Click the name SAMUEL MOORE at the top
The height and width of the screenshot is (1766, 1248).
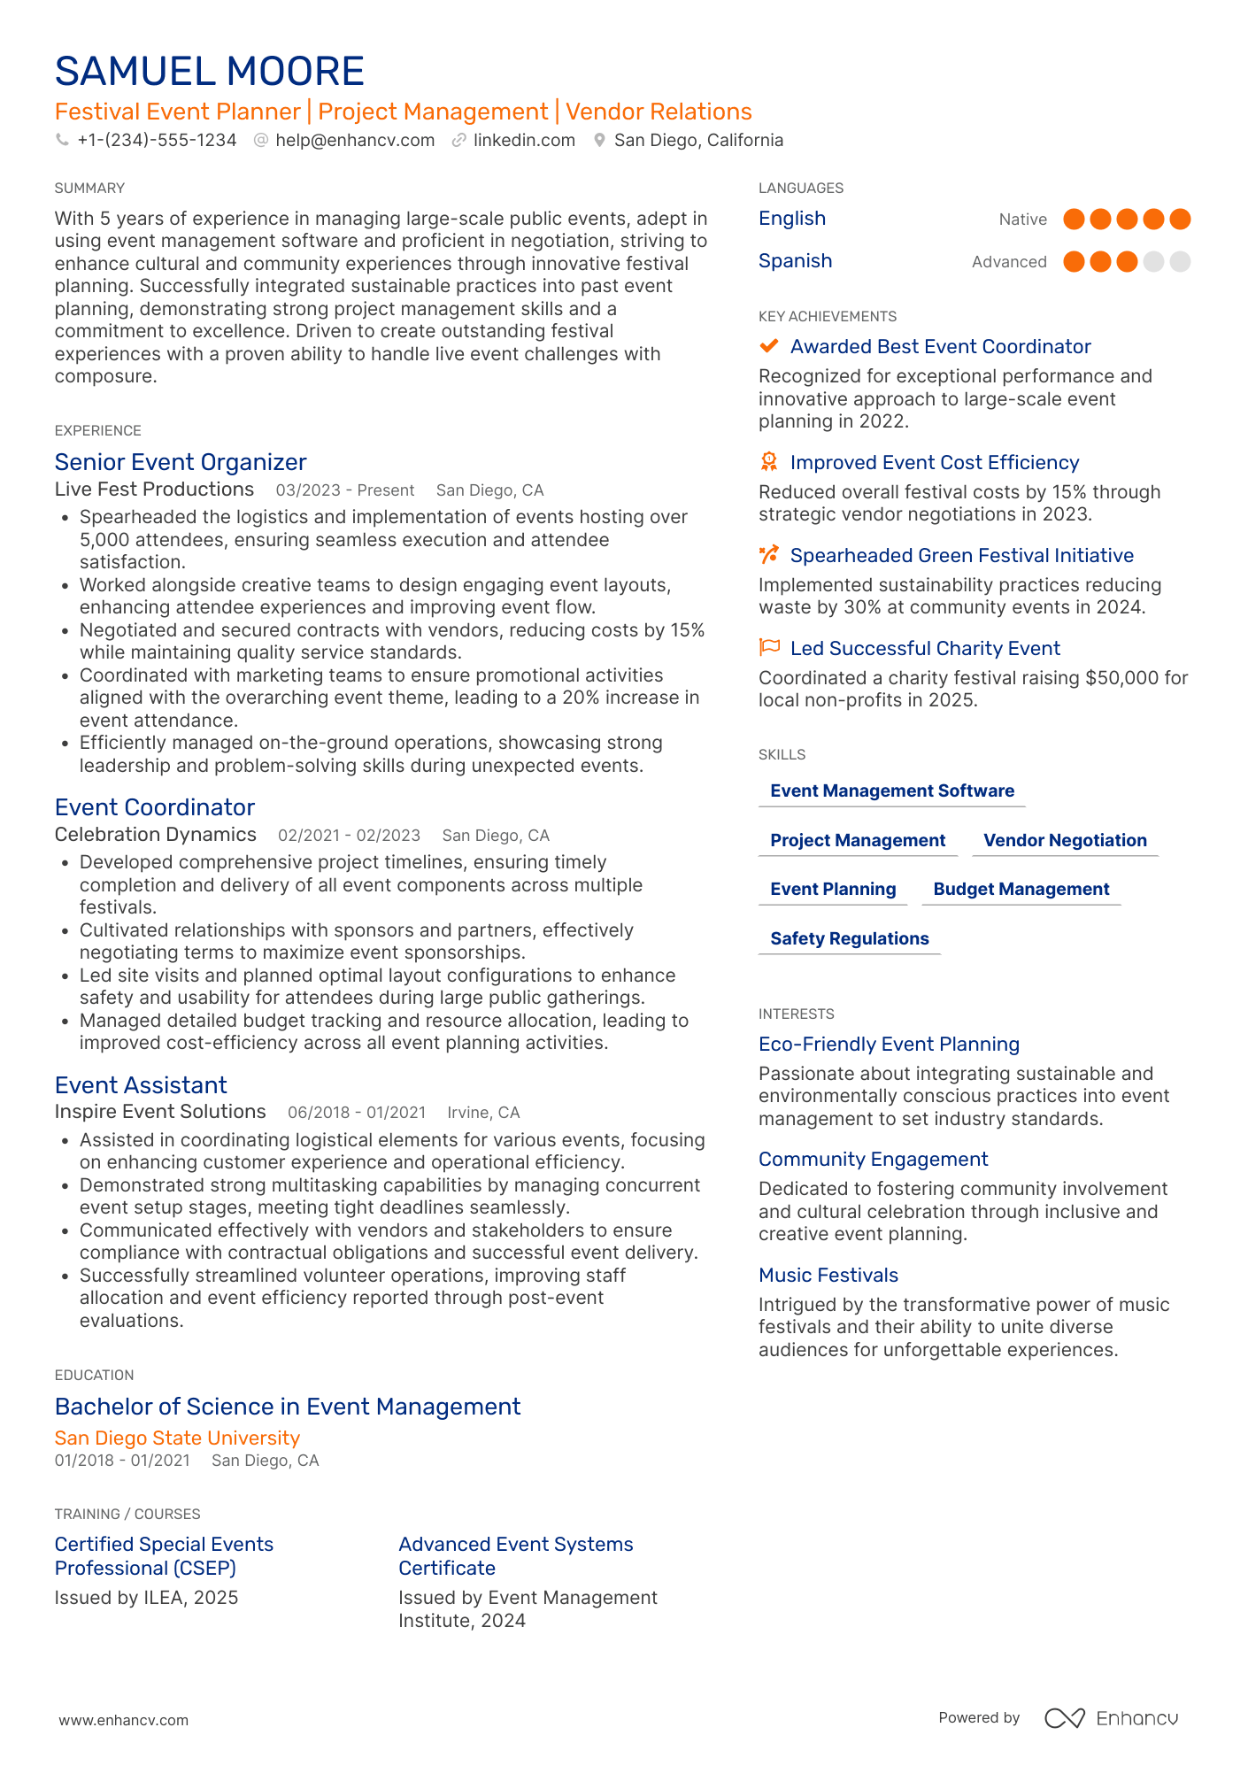[209, 72]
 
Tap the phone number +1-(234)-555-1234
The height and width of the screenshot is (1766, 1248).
[157, 141]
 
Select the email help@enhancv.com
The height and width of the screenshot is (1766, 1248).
[354, 141]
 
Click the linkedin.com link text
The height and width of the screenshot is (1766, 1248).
[524, 141]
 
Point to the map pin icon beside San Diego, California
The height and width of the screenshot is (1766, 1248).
[599, 141]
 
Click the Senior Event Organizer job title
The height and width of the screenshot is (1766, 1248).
[181, 462]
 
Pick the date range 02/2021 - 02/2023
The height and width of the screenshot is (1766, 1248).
[349, 836]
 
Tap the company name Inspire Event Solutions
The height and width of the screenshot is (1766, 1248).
[160, 1112]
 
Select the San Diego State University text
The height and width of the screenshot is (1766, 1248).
[177, 1438]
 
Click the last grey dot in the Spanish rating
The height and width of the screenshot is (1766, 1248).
[1180, 262]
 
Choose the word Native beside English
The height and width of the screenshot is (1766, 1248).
[1022, 220]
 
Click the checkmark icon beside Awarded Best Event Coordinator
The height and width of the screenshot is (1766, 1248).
[769, 346]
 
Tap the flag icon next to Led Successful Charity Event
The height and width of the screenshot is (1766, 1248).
[769, 648]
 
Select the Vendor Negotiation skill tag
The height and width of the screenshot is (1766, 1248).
[1065, 841]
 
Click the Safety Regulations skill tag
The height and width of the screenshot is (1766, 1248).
[850, 939]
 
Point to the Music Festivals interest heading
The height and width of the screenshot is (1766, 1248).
[828, 1276]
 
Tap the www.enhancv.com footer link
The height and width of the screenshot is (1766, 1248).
[124, 1720]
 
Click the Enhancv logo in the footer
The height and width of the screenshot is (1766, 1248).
[1112, 1718]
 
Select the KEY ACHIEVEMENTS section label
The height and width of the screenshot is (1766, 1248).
[828, 317]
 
